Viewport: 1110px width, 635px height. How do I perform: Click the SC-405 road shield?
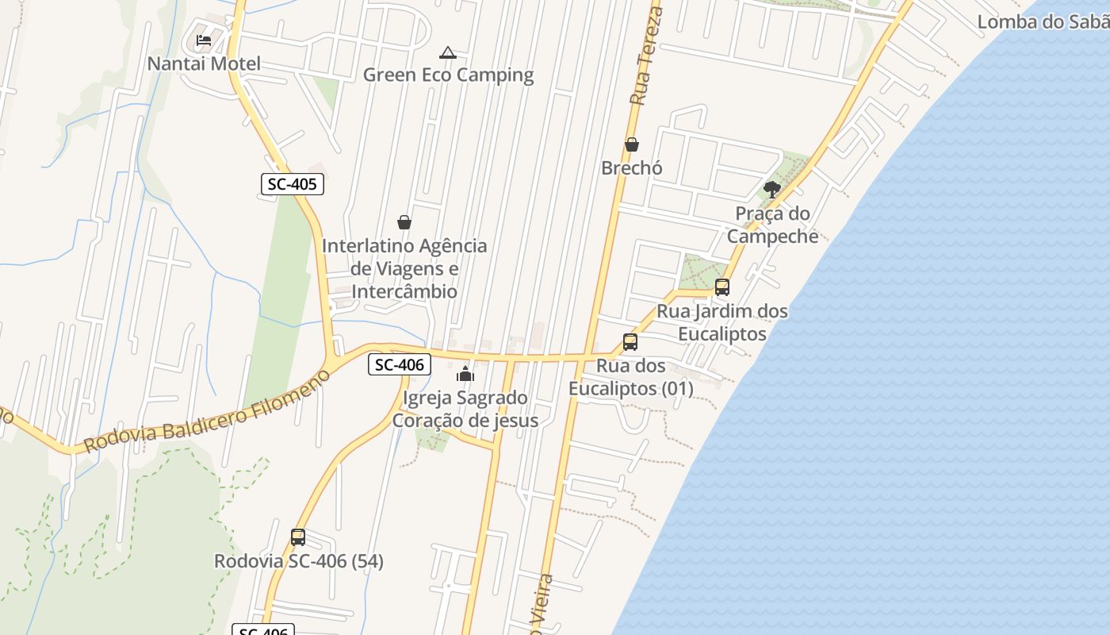coord(292,185)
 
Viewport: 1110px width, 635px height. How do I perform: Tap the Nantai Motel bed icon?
coord(204,40)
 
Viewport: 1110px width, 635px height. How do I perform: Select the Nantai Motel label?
coord(204,63)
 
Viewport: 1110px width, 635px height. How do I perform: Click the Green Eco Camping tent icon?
coord(448,53)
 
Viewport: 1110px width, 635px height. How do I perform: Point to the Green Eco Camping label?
coord(448,75)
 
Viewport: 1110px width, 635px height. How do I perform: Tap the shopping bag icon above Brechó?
coord(632,144)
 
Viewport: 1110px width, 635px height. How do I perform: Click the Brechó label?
coord(632,168)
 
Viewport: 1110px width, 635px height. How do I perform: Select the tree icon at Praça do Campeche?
coord(771,189)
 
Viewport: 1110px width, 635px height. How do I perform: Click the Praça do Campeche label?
coord(772,225)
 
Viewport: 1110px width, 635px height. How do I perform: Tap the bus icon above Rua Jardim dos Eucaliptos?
coord(721,287)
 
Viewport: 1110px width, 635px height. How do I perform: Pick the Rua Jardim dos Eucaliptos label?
coord(722,322)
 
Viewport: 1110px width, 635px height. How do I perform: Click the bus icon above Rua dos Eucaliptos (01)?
coord(630,342)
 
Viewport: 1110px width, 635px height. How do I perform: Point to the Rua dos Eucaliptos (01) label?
coord(630,378)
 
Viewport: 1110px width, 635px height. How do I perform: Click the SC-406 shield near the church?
coord(400,365)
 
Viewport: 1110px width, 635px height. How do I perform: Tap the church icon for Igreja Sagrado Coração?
coord(465,374)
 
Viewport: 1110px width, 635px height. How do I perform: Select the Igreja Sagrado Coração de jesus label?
coord(465,409)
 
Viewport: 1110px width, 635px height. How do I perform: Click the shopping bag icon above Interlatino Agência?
coord(404,222)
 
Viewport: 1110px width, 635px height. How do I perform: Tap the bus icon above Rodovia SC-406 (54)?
coord(298,537)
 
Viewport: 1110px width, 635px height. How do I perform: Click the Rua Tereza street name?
coord(645,56)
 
